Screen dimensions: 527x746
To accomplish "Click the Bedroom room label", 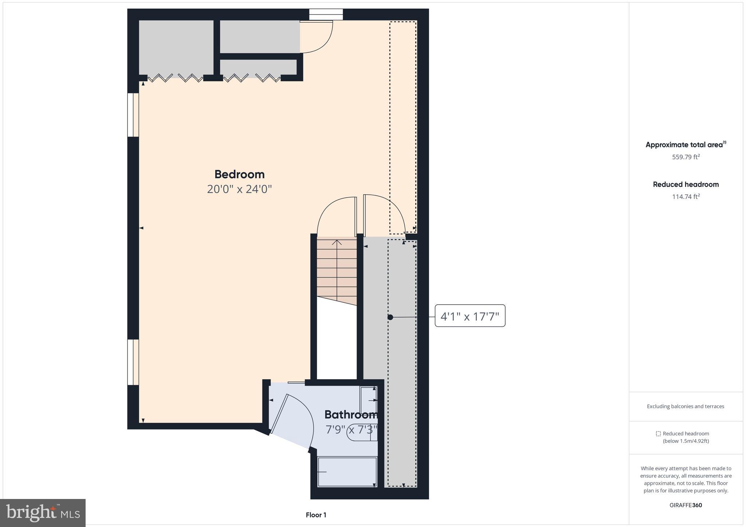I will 239,174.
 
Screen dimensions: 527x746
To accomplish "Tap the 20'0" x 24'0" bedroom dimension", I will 239,189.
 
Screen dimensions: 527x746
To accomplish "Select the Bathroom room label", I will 350,415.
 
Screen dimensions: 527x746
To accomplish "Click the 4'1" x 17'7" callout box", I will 470,316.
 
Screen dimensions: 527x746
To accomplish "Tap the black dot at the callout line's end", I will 390,317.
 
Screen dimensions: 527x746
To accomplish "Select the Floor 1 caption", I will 316,515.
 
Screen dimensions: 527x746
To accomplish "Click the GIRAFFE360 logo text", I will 686,505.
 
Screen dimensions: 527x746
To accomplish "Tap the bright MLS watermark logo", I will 43,513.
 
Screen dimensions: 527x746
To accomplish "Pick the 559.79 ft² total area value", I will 686,157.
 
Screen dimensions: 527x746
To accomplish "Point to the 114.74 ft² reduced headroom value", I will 686,197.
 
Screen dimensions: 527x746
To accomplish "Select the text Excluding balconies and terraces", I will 685,407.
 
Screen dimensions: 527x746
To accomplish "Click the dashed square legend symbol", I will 658,434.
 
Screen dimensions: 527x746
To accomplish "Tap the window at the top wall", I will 326,15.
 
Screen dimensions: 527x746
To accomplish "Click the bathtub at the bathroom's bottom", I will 347,472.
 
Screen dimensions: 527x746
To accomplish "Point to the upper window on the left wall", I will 133,115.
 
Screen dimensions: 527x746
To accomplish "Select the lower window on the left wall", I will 133,362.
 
